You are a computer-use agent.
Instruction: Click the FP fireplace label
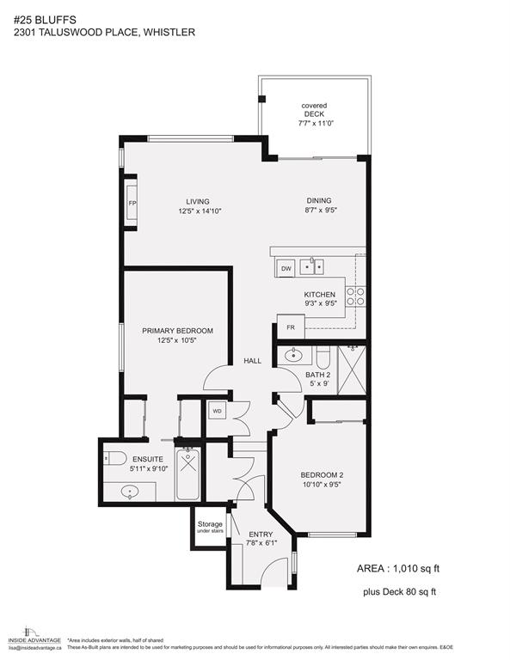coord(132,203)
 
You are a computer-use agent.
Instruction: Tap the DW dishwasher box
coord(286,269)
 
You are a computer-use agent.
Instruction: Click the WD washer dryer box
coord(217,412)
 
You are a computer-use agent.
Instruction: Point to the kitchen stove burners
coord(354,296)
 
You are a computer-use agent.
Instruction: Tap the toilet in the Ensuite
coord(114,456)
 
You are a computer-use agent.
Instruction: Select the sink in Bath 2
coord(292,353)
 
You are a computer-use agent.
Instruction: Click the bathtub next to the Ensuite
coord(188,474)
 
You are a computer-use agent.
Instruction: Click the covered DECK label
coord(314,111)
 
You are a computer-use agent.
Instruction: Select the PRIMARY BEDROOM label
coord(177,331)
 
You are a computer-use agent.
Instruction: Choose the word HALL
coord(252,361)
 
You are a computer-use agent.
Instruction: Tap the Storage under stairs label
coord(210,528)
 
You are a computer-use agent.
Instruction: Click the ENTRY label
coord(260,534)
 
